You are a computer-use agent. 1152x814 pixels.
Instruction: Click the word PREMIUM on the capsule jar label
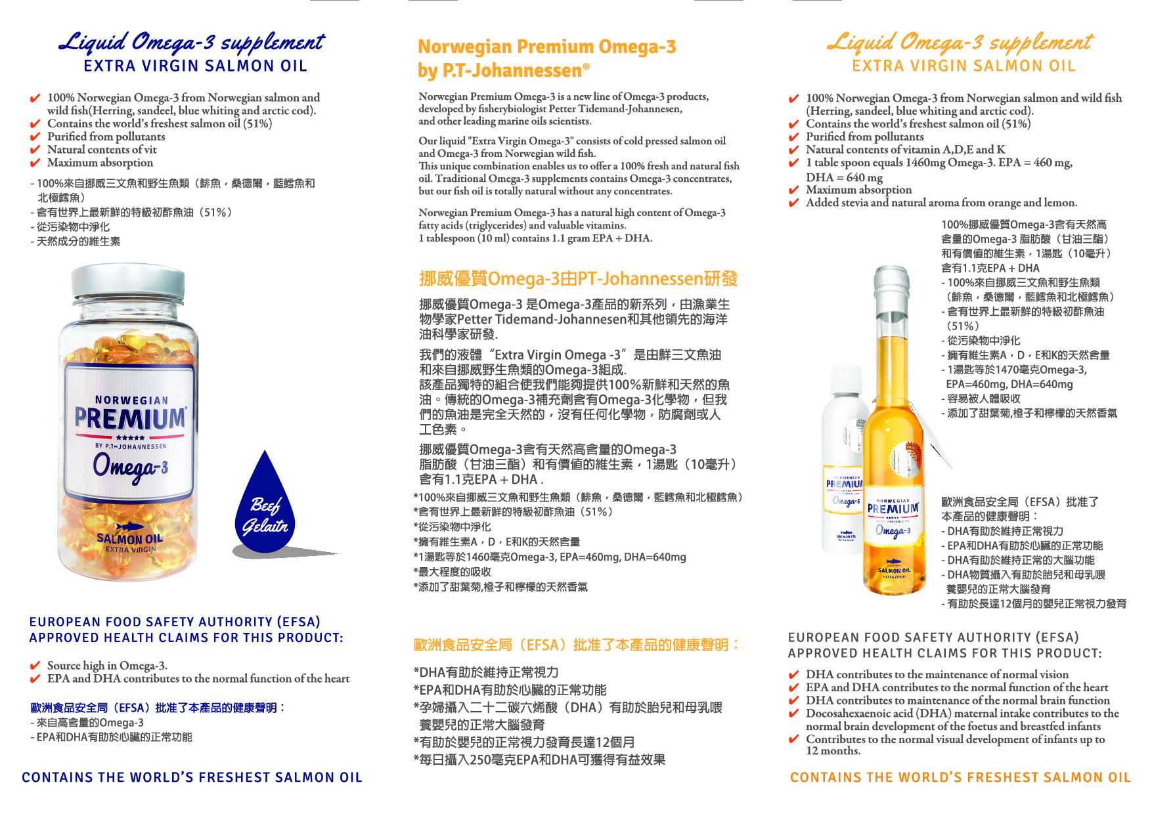pos(130,418)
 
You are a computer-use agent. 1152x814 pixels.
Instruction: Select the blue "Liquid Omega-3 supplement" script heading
pos(192,43)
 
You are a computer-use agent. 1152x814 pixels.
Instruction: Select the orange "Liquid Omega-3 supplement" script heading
pos(960,43)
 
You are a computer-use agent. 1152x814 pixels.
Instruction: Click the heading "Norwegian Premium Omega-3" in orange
pos(546,47)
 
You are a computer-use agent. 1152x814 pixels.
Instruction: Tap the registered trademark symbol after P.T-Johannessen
pos(586,66)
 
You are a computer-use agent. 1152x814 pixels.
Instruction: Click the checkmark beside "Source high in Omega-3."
pos(35,666)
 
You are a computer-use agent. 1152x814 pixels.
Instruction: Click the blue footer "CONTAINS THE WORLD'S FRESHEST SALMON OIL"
pos(192,777)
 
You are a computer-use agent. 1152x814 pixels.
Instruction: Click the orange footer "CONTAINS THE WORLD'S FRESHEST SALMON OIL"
pos(960,777)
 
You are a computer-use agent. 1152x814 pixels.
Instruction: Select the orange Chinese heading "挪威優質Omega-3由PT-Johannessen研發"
pos(578,279)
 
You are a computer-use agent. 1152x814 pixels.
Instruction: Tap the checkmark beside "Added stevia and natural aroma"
pos(793,203)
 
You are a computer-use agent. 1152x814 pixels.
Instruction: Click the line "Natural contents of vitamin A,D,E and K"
pos(905,150)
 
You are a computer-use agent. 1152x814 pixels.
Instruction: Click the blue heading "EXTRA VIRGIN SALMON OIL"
pos(195,66)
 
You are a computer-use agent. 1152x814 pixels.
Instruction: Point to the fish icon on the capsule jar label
pos(130,526)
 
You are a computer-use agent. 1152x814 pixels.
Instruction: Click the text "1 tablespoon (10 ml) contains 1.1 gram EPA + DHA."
pos(535,238)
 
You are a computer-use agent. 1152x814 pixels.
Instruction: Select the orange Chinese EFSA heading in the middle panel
pos(577,645)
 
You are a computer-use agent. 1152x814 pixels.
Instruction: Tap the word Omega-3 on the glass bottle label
pos(893,530)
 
